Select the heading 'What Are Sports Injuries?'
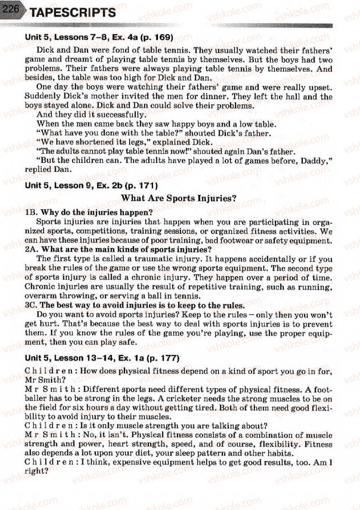(179, 198)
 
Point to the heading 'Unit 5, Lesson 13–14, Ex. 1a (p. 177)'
(102, 358)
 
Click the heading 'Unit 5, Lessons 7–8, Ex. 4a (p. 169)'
(99, 37)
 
